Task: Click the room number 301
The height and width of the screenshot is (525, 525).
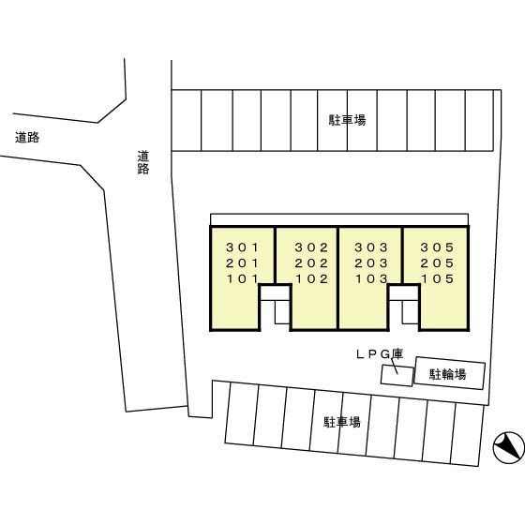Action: pos(243,247)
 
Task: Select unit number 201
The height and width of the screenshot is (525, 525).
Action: pos(243,263)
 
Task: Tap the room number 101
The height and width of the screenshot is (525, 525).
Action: pos(243,278)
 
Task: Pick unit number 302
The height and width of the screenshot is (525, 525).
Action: pos(311,247)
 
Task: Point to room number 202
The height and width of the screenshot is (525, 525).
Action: pos(311,263)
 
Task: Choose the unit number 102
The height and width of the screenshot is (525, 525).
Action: pos(311,278)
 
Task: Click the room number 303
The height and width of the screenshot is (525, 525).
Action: pos(371,247)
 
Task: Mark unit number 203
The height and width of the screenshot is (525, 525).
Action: pos(371,263)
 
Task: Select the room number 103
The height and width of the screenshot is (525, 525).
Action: pos(371,278)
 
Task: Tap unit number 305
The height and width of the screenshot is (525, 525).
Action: pos(437,247)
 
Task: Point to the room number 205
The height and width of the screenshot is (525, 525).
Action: pos(437,263)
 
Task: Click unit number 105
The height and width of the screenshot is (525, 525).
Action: pos(437,278)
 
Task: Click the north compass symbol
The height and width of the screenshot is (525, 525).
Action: pos(508,447)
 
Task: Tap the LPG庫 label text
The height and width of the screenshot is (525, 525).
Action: pos(380,354)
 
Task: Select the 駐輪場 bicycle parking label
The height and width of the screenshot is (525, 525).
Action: pos(448,374)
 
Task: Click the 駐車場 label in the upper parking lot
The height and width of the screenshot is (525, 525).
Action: pos(347,120)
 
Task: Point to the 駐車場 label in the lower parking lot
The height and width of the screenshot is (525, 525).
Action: pos(342,422)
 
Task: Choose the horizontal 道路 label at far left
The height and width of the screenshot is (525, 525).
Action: pos(27,137)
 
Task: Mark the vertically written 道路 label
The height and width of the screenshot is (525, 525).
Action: pos(142,163)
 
